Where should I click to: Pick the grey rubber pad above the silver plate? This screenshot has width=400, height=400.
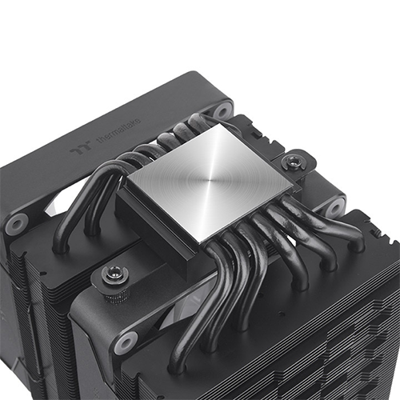[222, 110]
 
